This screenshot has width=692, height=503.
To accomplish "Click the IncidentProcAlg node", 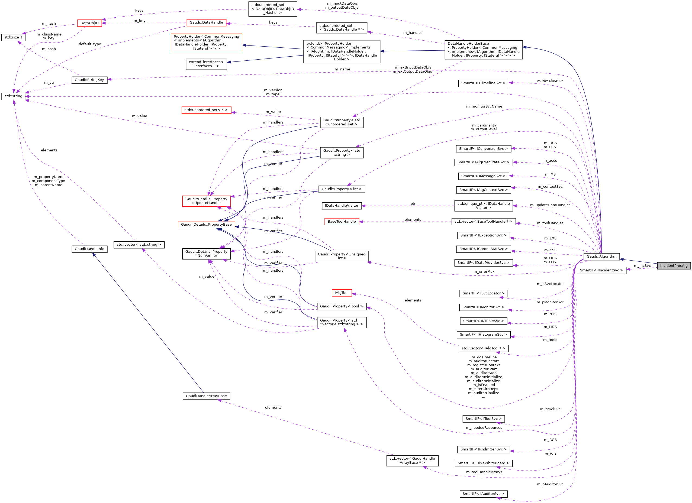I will point(674,265).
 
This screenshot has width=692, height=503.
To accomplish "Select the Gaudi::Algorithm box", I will point(601,257).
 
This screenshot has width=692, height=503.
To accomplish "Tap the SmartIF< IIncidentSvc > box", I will point(601,270).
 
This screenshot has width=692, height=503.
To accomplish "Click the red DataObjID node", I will point(89,23).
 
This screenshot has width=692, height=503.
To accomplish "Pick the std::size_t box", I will point(13,37).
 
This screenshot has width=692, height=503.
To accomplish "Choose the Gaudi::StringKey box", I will point(89,80).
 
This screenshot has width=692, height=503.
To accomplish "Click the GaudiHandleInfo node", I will point(89,249).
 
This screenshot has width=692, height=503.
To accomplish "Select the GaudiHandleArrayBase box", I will point(206,396).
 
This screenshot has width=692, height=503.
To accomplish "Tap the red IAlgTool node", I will point(342,293).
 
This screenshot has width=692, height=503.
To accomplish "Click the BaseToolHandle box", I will point(342,221).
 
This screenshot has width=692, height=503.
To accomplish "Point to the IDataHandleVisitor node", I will point(342,206).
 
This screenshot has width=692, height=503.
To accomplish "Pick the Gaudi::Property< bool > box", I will point(342,306).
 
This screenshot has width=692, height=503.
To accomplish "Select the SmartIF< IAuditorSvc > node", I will point(483,494).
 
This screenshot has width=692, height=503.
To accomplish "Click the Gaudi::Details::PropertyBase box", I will point(206,224).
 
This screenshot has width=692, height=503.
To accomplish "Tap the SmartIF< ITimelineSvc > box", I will point(483,83).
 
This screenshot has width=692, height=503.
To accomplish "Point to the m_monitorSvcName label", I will point(484,106).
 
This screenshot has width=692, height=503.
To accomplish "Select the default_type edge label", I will point(90,44).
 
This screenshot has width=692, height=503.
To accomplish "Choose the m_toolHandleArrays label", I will point(484,472).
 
